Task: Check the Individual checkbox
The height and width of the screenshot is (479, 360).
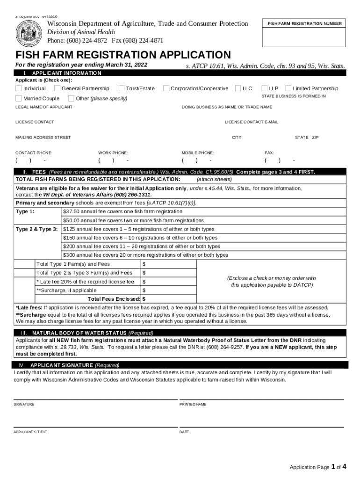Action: coord(18,88)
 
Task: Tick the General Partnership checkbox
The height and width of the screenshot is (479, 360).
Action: coord(57,88)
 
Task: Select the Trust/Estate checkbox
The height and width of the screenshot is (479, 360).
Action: coord(122,88)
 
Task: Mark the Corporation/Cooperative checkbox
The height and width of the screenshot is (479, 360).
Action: coord(166,88)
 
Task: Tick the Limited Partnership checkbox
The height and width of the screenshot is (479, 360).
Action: coord(288,88)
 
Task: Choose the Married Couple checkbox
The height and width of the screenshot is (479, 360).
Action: coord(18,98)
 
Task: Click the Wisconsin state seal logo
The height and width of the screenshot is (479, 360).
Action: coord(29,32)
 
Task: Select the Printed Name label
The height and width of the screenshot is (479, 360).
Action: coord(193,404)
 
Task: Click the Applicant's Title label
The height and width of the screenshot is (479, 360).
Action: coord(30,432)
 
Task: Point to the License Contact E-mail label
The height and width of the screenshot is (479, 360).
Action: coord(252,122)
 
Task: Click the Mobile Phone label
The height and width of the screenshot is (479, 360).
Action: coord(197,153)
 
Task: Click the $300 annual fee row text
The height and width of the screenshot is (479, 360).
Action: coord(145,255)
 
